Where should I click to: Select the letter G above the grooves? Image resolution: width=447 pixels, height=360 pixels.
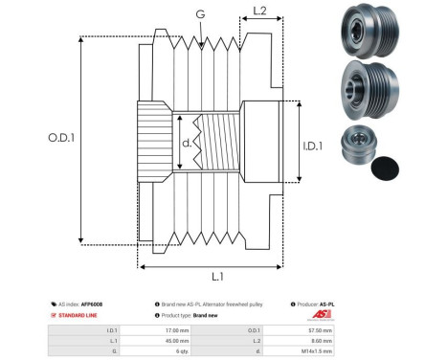[x=199, y=13]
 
